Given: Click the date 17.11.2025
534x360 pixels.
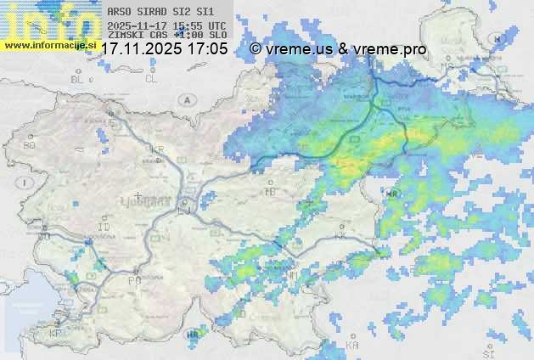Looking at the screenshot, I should pos(140,49).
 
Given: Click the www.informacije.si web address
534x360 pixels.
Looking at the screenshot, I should pos(49,45).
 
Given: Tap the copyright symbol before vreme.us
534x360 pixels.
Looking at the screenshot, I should pos(256,49).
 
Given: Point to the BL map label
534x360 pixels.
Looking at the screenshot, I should pos(80,79).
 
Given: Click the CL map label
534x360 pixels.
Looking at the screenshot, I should pos(151,79).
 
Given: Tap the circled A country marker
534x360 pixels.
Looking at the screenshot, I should pos(185,100).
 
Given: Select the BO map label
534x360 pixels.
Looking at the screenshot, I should pos(30,146).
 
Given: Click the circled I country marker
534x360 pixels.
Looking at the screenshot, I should pos(26,183).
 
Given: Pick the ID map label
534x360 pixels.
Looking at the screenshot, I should pos(104,228).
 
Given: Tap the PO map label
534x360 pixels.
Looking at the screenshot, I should pos(133,279).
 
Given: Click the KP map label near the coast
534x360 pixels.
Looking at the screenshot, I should pos(55,334).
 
